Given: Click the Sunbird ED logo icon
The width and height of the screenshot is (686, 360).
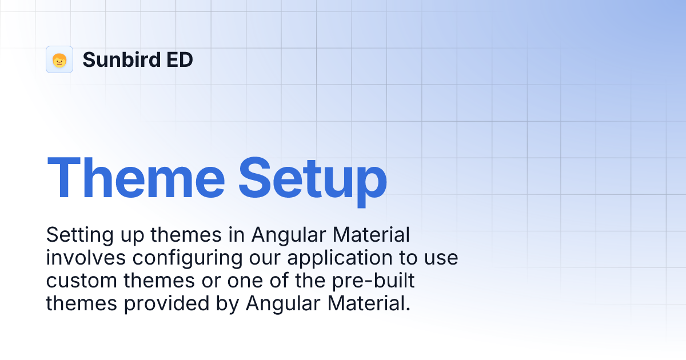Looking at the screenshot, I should click(59, 59).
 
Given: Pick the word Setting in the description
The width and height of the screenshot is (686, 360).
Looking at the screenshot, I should click(74, 235).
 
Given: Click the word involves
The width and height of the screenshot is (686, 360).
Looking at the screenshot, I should click(86, 258).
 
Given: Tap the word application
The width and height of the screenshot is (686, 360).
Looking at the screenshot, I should click(336, 258).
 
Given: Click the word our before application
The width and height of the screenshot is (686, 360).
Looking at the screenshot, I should click(265, 258).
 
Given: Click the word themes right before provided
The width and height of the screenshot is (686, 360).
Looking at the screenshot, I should click(81, 303).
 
